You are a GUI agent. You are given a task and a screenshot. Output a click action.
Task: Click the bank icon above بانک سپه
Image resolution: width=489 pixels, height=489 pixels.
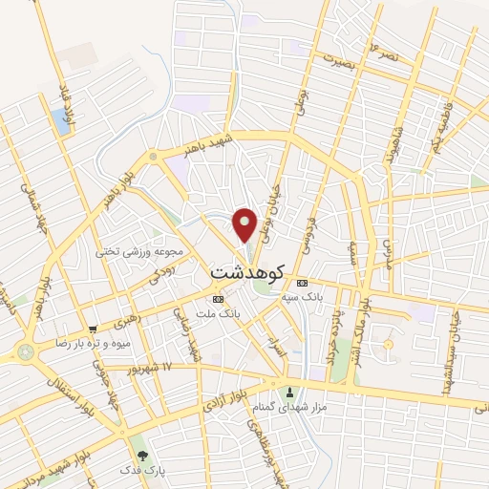coord(303,284)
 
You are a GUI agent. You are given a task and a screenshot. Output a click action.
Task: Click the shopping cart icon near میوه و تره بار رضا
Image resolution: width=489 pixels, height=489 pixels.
coord(93,328)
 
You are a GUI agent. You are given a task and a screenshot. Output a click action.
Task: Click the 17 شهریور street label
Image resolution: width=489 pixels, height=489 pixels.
coord(153,367)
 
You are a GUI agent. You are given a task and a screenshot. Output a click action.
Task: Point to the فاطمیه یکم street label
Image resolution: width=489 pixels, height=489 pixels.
coord(440,124)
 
